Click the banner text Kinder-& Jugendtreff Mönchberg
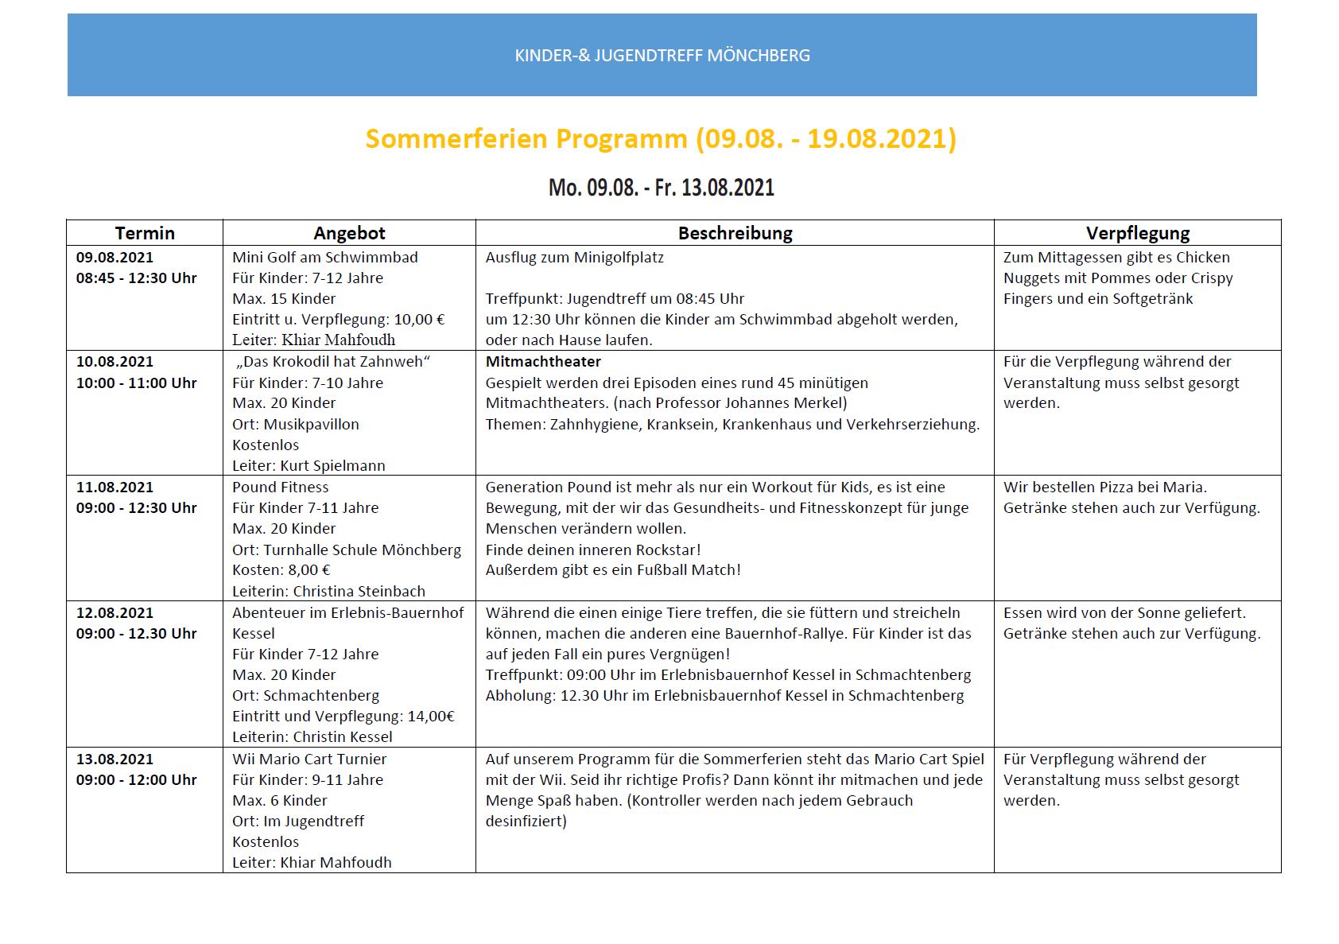662,56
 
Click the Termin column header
145,233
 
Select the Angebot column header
349,233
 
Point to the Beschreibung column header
735,233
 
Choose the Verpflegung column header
1137,233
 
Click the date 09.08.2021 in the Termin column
114,258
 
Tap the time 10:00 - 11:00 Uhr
136,383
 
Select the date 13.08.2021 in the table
114,759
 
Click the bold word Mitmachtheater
543,362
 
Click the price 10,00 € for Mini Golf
419,320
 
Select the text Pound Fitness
280,488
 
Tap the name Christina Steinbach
359,592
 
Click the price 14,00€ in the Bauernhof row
431,717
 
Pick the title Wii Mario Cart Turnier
309,759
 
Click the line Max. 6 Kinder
279,801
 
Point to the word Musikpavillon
311,425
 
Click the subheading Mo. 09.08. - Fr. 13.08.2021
661,188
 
